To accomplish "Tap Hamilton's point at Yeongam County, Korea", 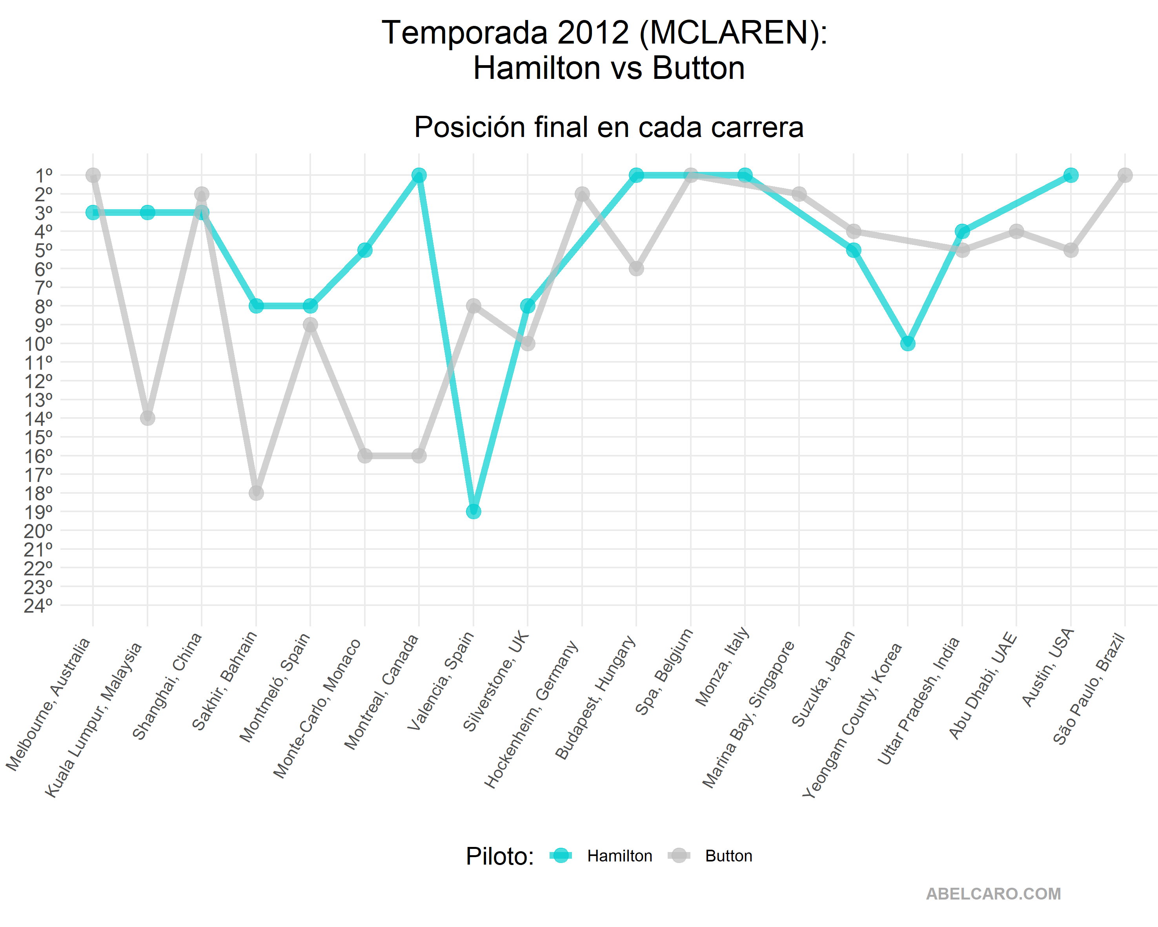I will click(908, 343).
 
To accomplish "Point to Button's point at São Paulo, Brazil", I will click(1125, 175).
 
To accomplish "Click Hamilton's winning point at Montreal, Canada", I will click(419, 175).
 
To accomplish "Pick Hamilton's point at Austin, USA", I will click(1071, 175).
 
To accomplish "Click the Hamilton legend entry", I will click(619, 856).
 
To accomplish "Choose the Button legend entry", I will click(728, 856).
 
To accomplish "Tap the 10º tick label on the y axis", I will click(39, 343).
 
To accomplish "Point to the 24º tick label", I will click(39, 606).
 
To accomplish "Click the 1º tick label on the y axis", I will click(44, 175).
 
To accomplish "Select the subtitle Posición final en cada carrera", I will click(608, 128).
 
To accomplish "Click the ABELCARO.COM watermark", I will click(993, 894).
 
